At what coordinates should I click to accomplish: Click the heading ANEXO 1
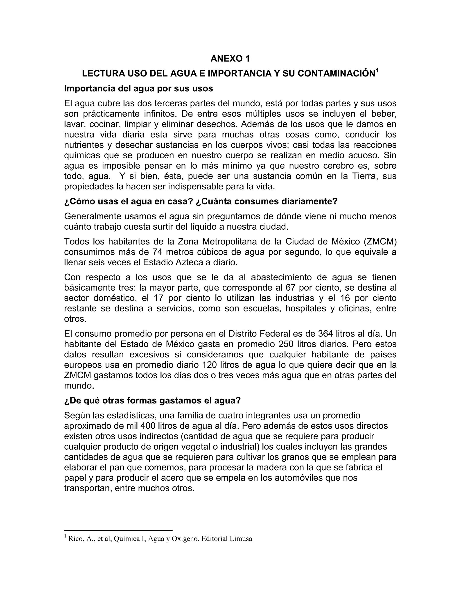[230, 59]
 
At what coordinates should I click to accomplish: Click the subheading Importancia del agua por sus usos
[138, 88]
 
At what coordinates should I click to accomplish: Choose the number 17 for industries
[158, 298]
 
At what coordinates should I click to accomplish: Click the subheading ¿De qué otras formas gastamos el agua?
[152, 401]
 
